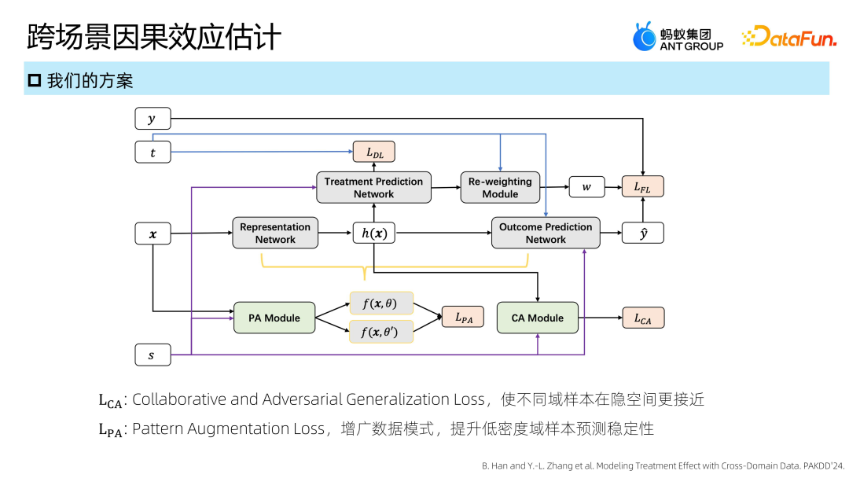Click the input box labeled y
click(153, 119)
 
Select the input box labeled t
click(153, 152)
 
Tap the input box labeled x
click(153, 233)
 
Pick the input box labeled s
click(153, 355)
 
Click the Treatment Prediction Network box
click(373, 187)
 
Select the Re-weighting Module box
click(500, 187)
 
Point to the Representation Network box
click(275, 233)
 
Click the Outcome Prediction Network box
click(546, 233)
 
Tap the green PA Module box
click(274, 318)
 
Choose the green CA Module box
click(538, 318)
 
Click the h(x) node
click(374, 233)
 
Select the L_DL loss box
click(374, 152)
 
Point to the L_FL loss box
click(643, 187)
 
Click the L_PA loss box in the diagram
click(463, 317)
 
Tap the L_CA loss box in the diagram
click(643, 318)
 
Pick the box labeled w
click(587, 187)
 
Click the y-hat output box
click(643, 233)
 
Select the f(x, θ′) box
click(380, 331)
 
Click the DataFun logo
click(789, 36)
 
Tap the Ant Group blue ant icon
click(645, 37)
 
